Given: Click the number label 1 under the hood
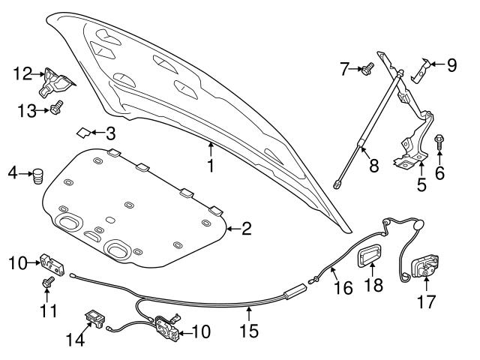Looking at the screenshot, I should (x=211, y=166).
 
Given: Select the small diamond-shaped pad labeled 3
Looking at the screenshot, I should (x=83, y=133).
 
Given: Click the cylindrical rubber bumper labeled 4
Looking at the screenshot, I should (x=37, y=179).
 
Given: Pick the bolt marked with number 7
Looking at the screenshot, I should (x=367, y=69).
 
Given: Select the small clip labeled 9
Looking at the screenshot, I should (x=421, y=70).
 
